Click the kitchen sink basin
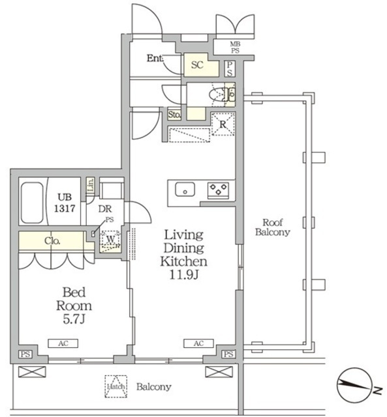pos(185,190)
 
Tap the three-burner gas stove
pos(218,190)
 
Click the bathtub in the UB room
pos(32,203)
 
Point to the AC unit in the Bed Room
pos(63,343)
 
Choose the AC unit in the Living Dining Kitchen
pos(198,343)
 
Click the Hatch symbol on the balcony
pos(116,386)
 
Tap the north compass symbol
pos(354,385)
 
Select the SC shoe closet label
pos(197,65)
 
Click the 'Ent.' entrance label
pos(155,58)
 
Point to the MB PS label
pos(235,48)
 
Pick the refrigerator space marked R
pos(223,124)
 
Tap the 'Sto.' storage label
pos(174,115)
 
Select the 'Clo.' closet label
pos(52,241)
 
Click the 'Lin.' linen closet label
pos(91,185)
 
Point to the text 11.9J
pos(184,275)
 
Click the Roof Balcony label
pos(273,227)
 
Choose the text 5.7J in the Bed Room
pos(74,319)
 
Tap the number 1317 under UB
pos(65,208)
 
